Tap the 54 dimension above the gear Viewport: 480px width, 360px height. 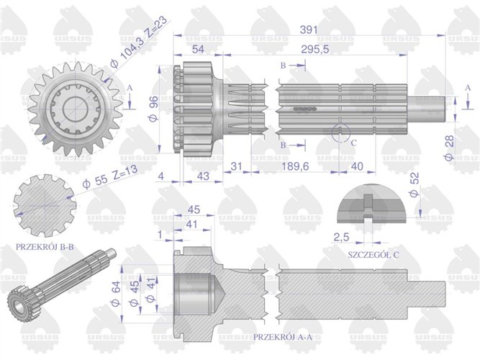pos(196,48)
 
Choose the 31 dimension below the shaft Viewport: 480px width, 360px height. pos(236,167)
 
